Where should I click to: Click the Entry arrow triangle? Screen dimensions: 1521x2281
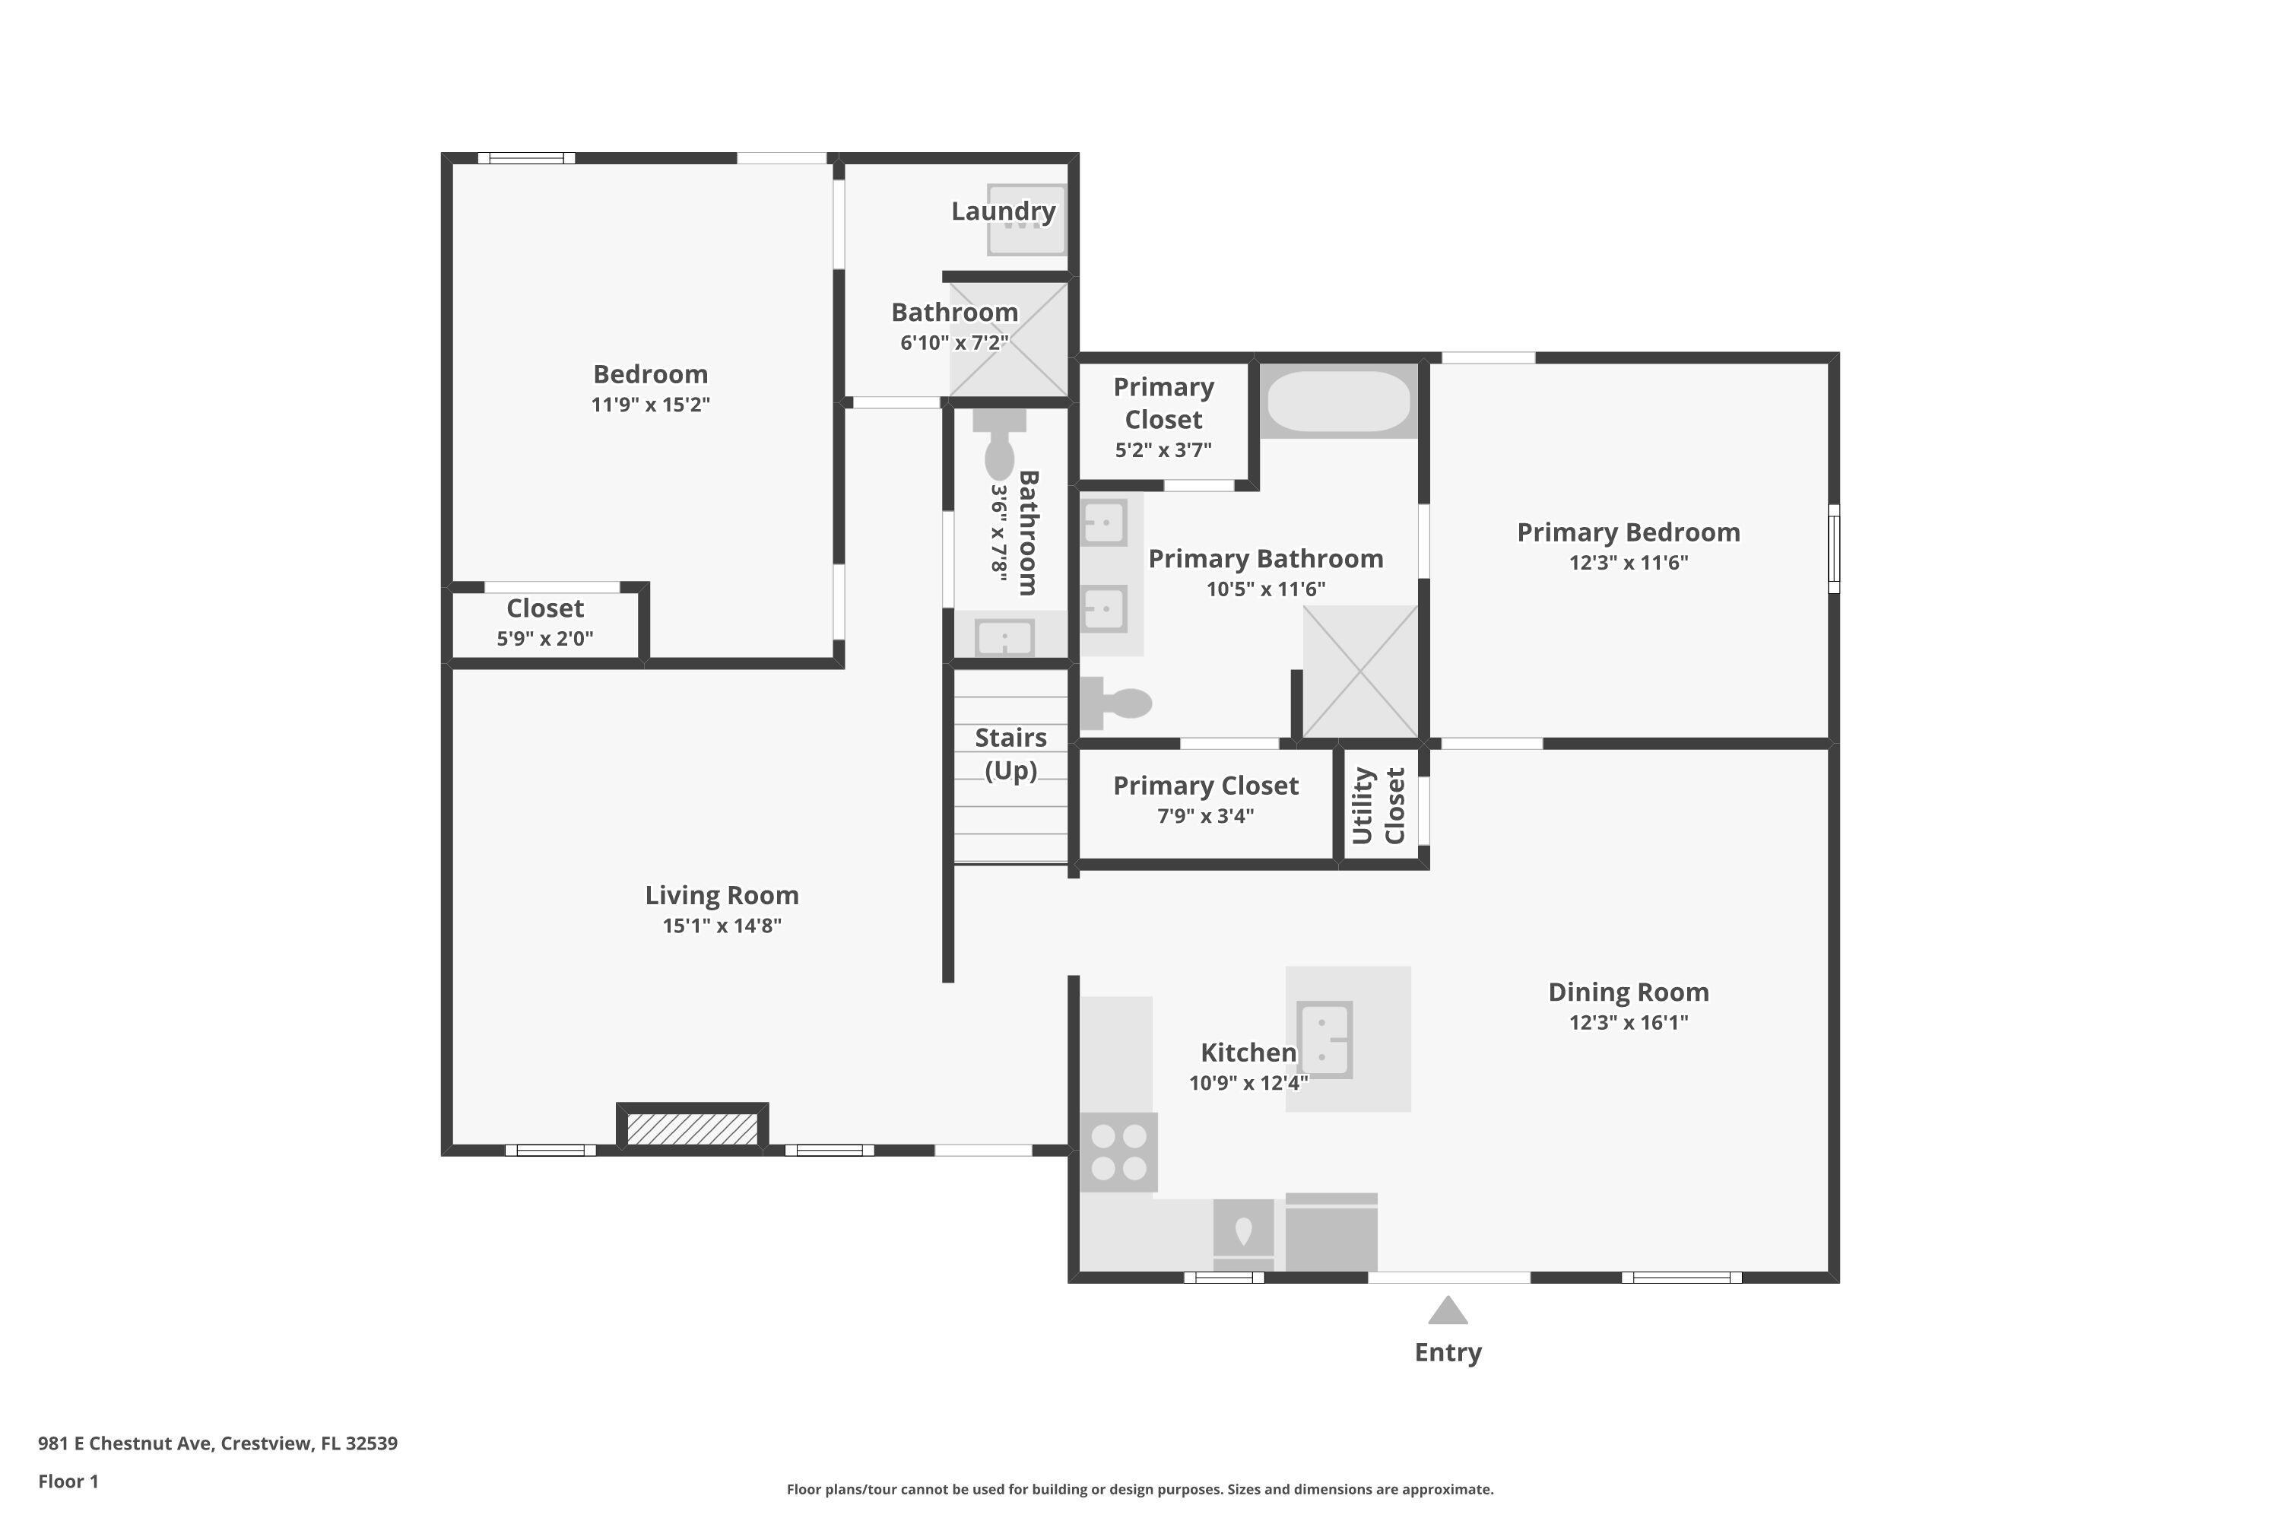coord(1447,1311)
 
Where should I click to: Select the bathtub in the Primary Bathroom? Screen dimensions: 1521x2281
coord(1338,401)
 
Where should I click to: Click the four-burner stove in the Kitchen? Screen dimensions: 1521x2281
coord(1118,1151)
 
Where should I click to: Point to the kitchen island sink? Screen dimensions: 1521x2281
coord(1325,1040)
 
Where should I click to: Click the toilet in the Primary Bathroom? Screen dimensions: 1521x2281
coord(1117,702)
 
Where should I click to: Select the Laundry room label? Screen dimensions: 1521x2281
coord(1003,211)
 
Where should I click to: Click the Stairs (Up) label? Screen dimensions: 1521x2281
coord(1010,754)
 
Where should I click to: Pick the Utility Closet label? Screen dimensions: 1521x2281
coord(1378,805)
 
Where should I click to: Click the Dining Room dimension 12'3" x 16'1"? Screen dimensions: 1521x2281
coord(1629,1021)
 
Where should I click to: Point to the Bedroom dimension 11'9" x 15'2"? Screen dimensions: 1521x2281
coord(651,405)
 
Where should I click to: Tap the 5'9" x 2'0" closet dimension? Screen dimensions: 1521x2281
coord(545,638)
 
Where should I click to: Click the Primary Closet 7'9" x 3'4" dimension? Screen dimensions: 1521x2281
coord(1205,816)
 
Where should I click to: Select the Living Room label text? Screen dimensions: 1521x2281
coord(722,894)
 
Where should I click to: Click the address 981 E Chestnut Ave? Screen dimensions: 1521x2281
coord(217,1443)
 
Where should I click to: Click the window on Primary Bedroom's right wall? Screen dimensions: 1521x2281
coord(1833,548)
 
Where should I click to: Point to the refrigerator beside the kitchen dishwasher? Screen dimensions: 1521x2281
coord(1331,1233)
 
